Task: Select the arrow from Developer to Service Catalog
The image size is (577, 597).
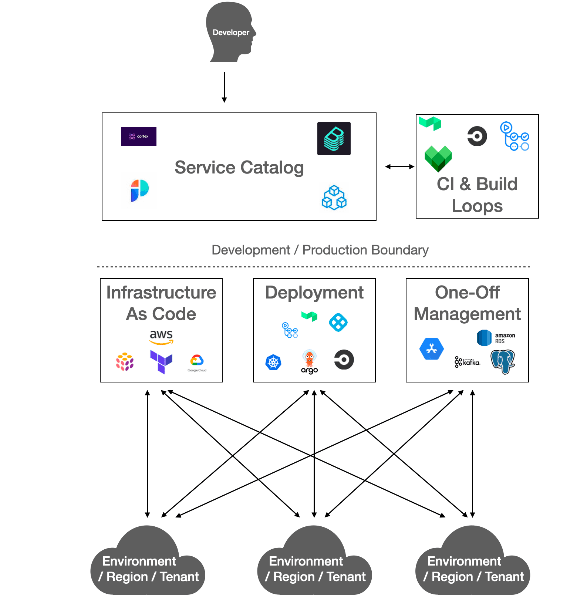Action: [224, 87]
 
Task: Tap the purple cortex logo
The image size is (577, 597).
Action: [139, 136]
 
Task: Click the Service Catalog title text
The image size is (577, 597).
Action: [239, 168]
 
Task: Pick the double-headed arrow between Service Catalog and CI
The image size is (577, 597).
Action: [399, 167]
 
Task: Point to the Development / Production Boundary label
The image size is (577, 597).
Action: [320, 250]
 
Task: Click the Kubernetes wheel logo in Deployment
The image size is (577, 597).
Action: [273, 362]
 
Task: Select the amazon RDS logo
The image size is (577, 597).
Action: [496, 338]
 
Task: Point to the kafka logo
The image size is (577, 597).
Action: [468, 362]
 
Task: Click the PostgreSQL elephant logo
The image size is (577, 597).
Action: [503, 362]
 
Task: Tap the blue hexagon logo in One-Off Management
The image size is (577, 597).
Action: [432, 349]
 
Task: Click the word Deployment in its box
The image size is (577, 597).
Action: [314, 293]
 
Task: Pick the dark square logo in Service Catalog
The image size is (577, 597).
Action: [334, 138]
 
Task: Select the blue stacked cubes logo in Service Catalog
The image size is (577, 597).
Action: [334, 198]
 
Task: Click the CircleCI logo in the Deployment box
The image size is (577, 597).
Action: [344, 360]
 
